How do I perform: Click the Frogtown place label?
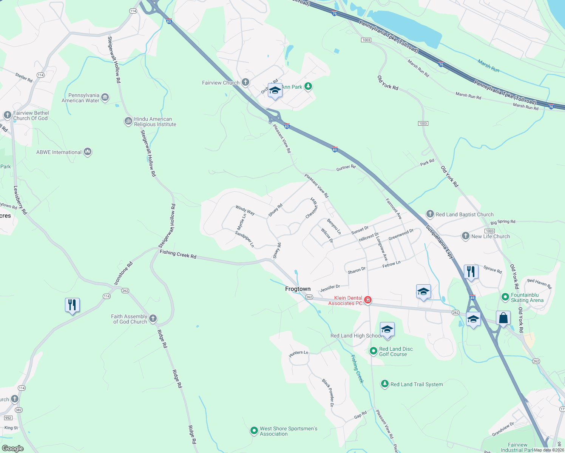point(298,289)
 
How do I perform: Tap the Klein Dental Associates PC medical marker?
point(368,300)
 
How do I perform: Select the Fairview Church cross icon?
point(245,82)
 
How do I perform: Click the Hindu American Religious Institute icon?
point(128,121)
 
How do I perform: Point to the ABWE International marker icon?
point(88,152)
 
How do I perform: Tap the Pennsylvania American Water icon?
point(105,97)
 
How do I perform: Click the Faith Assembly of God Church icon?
point(153,318)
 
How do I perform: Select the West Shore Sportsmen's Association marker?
point(254,430)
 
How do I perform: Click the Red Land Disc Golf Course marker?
point(373,351)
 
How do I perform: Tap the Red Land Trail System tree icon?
point(384,384)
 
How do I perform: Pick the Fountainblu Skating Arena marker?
point(505,297)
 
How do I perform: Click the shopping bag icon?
point(503,318)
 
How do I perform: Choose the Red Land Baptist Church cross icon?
point(430,214)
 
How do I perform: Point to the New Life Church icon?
point(465,236)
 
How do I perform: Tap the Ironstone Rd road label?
point(123,273)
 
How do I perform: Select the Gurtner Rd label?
point(346,168)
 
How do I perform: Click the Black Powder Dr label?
point(328,393)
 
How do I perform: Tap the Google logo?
point(13,448)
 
